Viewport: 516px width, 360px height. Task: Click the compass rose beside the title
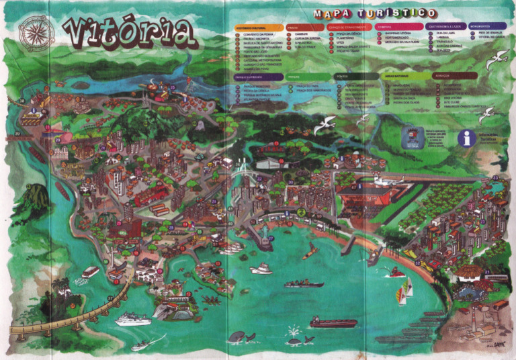36,33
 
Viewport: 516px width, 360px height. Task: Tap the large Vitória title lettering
128,32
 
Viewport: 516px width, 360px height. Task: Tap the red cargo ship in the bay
333,323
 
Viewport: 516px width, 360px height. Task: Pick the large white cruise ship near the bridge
132,319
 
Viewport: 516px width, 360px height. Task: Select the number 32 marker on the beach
417,263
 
